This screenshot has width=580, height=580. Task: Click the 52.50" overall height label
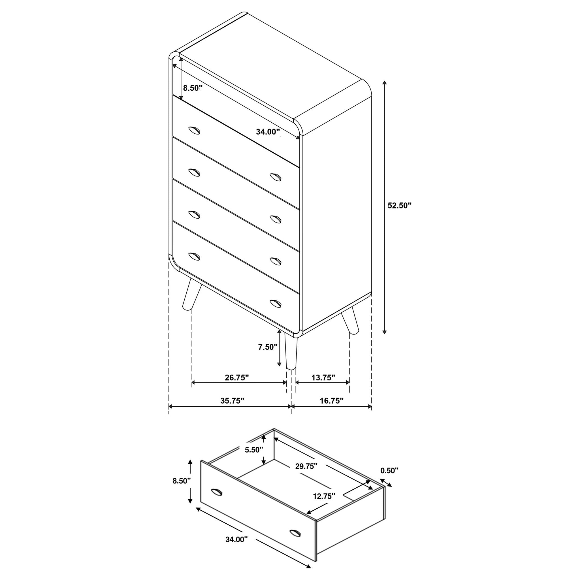[x=399, y=206]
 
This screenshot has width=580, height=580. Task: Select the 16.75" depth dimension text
[x=331, y=401]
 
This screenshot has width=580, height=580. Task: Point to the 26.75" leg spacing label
[x=237, y=377]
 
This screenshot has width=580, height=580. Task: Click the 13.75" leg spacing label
[x=323, y=377]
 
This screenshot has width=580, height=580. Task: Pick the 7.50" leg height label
[x=268, y=347]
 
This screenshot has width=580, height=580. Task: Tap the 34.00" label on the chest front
[x=268, y=131]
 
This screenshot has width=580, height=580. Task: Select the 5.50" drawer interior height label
[x=254, y=458]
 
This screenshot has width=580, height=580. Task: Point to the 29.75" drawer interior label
[x=306, y=466]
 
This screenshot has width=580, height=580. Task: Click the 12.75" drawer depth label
[x=324, y=496]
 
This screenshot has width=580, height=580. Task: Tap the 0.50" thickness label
[x=389, y=470]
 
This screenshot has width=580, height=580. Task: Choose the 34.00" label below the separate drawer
[x=236, y=548]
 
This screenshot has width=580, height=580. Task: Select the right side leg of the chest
[x=351, y=320]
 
